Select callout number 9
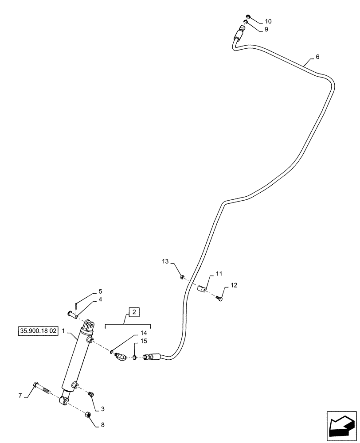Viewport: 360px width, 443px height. (x=266, y=29)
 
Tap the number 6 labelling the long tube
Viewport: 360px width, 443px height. (x=317, y=57)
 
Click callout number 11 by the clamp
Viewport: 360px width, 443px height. (x=219, y=275)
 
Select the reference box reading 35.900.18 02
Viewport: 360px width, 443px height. (x=39, y=330)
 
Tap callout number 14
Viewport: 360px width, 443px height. (x=143, y=332)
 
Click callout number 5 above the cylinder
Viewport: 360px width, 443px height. (x=100, y=291)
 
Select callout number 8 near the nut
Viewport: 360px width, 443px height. (x=103, y=425)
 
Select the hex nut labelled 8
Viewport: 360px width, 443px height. (x=88, y=415)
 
